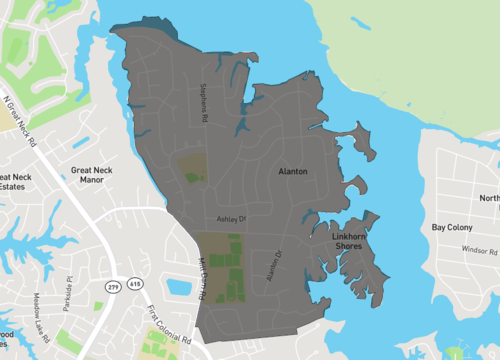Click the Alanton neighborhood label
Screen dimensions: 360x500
[292, 172]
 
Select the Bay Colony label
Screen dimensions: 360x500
[451, 228]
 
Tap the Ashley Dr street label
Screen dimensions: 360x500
[231, 217]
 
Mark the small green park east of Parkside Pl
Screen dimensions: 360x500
[98, 278]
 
